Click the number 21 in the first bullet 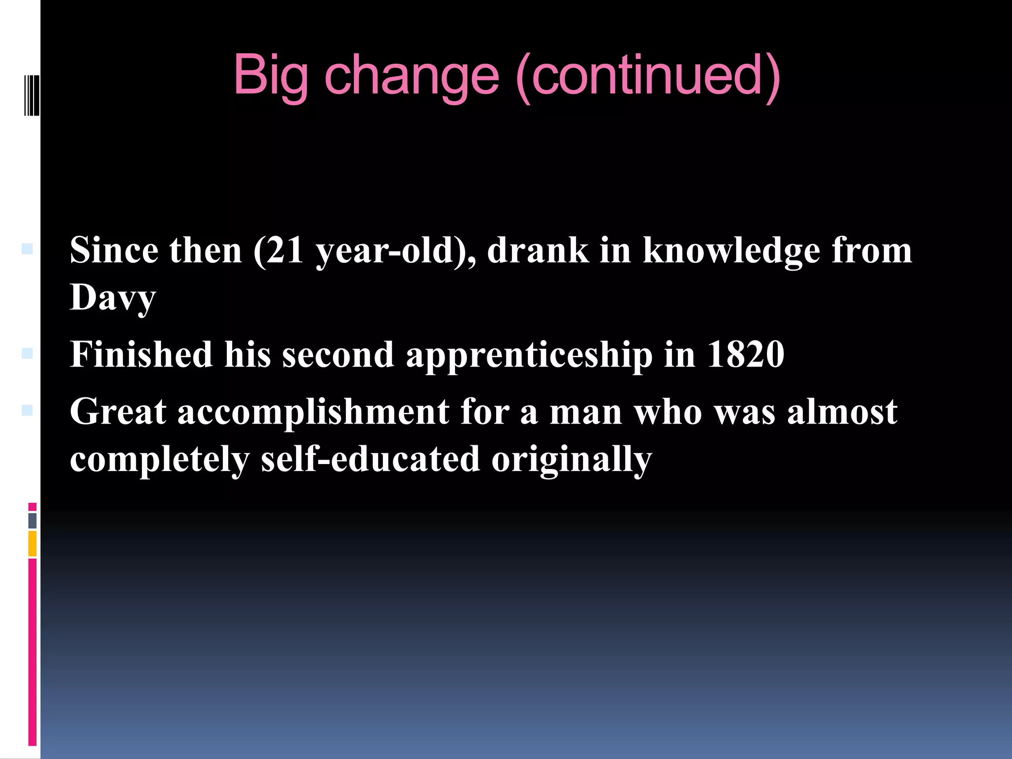(285, 251)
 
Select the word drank (538, 251)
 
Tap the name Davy (113, 298)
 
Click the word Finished (141, 354)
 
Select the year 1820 (746, 354)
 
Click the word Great (118, 412)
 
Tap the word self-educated (370, 459)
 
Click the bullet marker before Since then (27, 249)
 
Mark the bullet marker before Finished (27, 353)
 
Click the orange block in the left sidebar (33, 544)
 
